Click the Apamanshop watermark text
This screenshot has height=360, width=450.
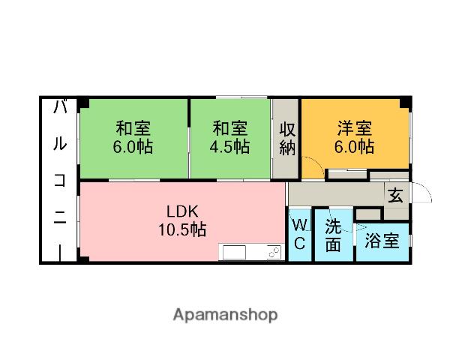coord(225,313)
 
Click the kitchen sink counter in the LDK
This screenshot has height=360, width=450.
coord(250,252)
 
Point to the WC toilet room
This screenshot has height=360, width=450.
coord(298,235)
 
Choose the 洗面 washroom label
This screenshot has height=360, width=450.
coord(333,235)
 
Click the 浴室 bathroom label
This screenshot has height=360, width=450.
coord(382,241)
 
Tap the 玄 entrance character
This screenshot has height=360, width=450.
coord(395,195)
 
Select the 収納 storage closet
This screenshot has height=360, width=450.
coord(287,138)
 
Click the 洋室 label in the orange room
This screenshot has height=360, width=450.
coord(354,128)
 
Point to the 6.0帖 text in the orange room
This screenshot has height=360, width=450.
coord(354,147)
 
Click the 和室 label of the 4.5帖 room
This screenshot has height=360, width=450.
coord(229,128)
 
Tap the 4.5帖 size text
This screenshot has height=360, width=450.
coord(229,147)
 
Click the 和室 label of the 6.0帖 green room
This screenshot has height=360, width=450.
coord(133,128)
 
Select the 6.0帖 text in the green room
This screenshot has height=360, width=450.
coord(133,147)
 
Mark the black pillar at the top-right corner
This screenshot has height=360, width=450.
coord(405,103)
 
